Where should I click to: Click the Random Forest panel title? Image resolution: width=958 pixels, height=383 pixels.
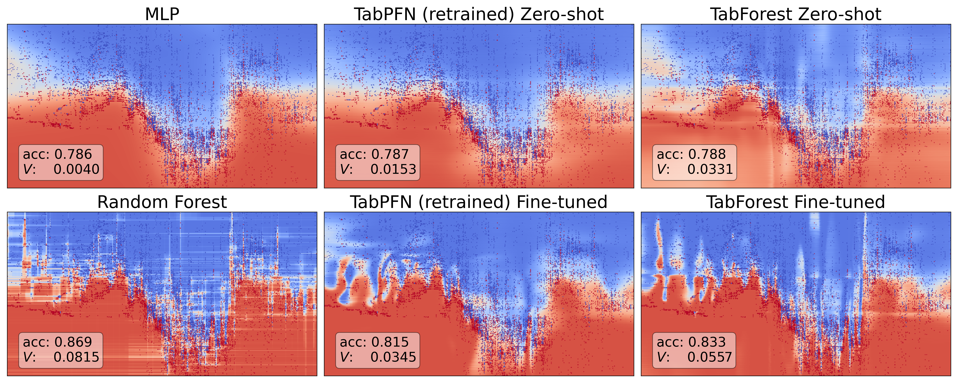click(162, 202)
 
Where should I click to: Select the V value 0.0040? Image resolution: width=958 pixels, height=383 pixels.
click(76, 170)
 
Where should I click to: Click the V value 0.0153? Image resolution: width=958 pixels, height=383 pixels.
click(393, 170)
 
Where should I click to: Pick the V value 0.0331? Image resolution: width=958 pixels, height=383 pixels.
click(710, 170)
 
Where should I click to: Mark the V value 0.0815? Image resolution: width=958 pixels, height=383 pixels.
click(76, 357)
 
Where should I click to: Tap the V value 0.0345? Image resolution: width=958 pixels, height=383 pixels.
click(393, 357)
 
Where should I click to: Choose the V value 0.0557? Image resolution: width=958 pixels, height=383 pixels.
click(710, 357)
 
